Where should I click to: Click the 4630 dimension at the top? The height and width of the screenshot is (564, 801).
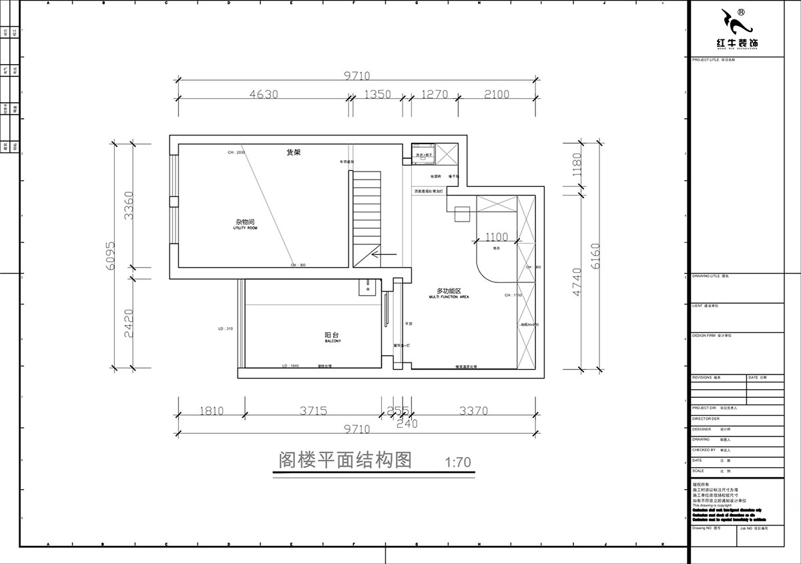pos(263,95)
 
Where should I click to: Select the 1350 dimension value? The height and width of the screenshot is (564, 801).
pos(377,95)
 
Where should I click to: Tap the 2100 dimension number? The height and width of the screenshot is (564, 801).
pos(496,95)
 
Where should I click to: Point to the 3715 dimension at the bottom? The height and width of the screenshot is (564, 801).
pos(313,411)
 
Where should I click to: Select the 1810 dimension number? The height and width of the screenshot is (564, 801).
pos(211,411)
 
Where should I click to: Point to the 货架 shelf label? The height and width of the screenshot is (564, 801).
pos(293,152)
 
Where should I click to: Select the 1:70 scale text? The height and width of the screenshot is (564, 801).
pos(458,462)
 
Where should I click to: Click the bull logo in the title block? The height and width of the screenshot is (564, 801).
pos(736,24)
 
